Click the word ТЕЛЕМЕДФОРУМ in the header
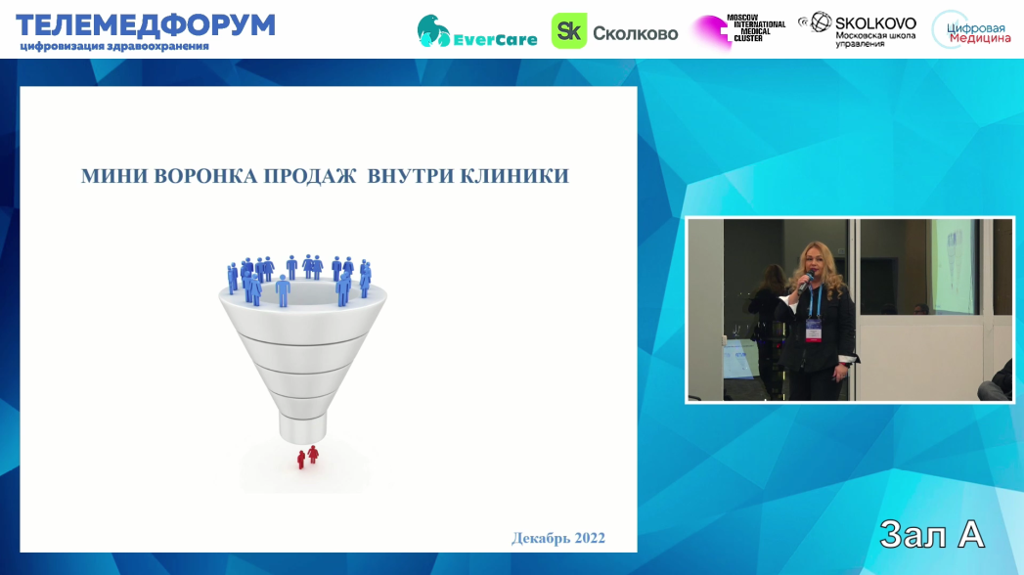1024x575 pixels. (146, 25)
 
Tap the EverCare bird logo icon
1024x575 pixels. (433, 30)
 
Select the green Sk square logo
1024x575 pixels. (569, 30)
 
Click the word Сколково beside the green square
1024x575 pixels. (636, 33)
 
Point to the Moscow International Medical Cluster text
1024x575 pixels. (756, 28)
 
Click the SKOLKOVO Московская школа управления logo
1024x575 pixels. (858, 29)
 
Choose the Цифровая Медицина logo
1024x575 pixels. (971, 30)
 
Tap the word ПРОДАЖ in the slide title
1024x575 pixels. (310, 176)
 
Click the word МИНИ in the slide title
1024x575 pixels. (114, 176)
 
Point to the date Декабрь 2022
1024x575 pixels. (558, 539)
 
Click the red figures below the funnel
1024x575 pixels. (308, 457)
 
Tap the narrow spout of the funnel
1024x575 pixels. (302, 427)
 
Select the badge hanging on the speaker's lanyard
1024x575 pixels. (813, 331)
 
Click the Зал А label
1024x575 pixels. (932, 535)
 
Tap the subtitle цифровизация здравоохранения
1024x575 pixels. (114, 46)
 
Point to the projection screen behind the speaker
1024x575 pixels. (954, 265)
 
